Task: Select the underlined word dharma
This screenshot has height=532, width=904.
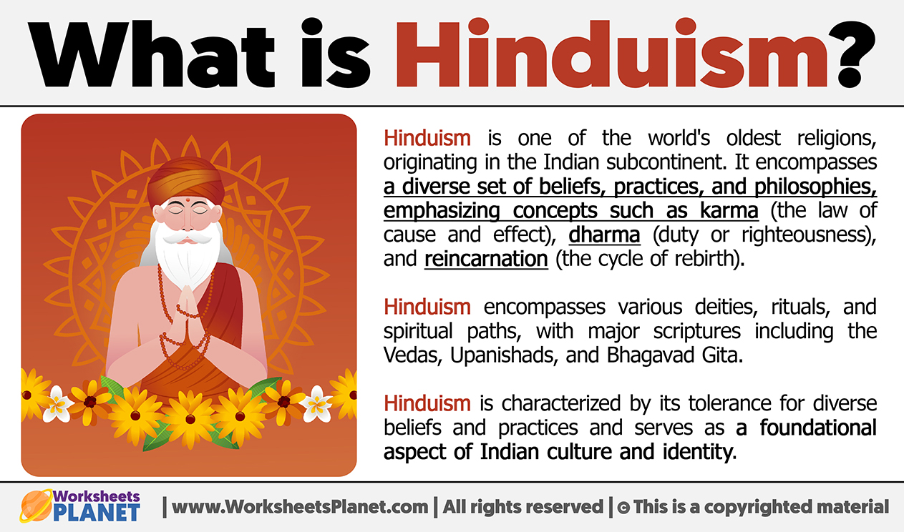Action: pyautogui.click(x=604, y=235)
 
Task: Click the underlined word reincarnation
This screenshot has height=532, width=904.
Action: pyautogui.click(x=486, y=259)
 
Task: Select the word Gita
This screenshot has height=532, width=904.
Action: pyautogui.click(x=721, y=355)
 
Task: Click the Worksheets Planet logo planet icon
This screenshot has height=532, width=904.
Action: pyautogui.click(x=37, y=506)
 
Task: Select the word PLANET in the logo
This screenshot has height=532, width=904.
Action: pyautogui.click(x=97, y=513)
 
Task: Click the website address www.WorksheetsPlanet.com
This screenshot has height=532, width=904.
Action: pyautogui.click(x=300, y=507)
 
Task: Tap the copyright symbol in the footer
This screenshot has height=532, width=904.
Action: pyautogui.click(x=623, y=508)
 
